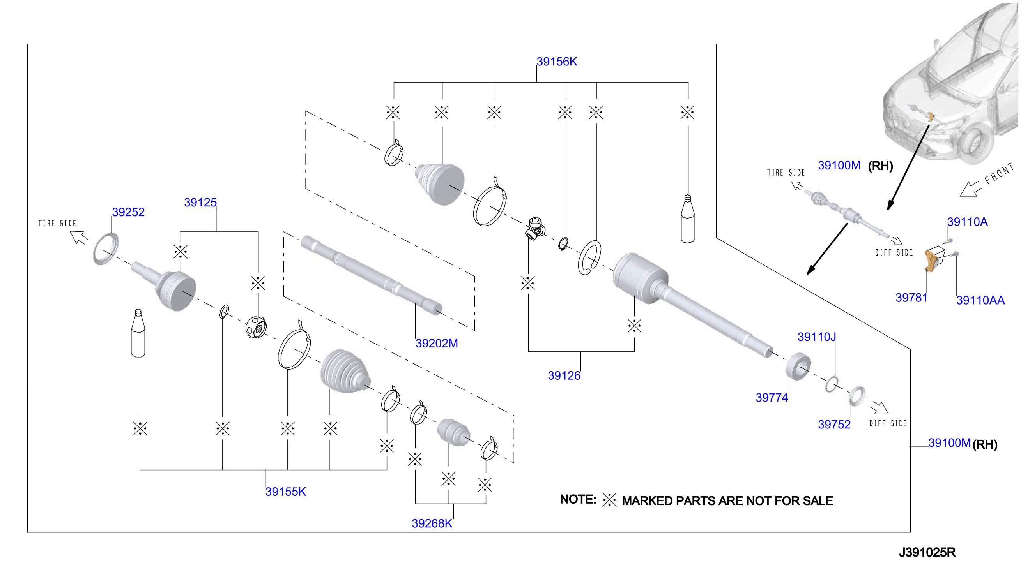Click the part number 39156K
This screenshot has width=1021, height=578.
click(557, 62)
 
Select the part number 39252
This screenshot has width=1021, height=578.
click(128, 212)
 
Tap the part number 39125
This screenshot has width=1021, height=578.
click(200, 203)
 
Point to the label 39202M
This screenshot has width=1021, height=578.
click(437, 343)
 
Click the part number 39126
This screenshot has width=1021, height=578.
click(564, 375)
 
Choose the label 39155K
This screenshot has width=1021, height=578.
click(286, 492)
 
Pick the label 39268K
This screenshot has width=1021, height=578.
click(432, 523)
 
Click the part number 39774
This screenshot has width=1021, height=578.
click(772, 397)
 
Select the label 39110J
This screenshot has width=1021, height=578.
click(817, 337)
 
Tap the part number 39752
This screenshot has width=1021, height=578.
click(834, 425)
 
